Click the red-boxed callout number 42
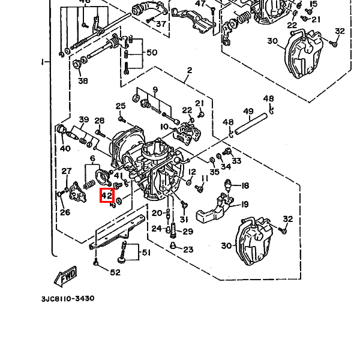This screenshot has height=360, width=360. [x=107, y=196]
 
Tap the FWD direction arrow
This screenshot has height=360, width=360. [x=65, y=276]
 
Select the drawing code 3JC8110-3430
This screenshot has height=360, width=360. [x=68, y=298]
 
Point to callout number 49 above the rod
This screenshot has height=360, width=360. [x=248, y=112]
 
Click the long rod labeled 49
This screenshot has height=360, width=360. [x=251, y=124]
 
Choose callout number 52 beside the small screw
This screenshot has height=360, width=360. [x=115, y=272]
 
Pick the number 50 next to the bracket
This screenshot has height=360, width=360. [x=152, y=53]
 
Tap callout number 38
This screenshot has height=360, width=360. [x=83, y=81]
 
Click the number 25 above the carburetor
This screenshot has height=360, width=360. [x=121, y=106]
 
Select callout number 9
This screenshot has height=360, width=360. [x=155, y=89]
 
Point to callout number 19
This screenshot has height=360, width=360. [x=245, y=204]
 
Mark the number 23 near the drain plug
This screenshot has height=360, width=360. [x=188, y=250]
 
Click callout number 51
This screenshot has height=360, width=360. [x=146, y=253]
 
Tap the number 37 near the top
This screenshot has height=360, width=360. [x=161, y=23]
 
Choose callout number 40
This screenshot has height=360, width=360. [x=65, y=148]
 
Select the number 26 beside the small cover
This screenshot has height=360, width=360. [x=65, y=212]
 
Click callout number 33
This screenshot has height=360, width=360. [x=236, y=161]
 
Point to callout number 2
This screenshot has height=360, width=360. [x=190, y=70]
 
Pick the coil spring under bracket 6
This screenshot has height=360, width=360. [x=89, y=184]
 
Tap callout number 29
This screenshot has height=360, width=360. [x=188, y=232]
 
